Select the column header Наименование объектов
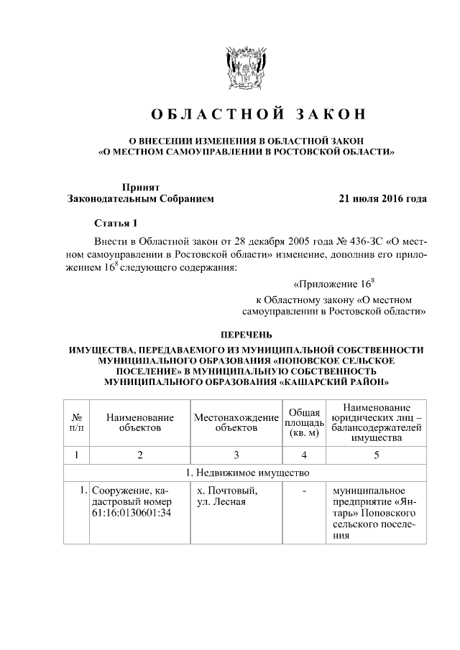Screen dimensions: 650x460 point(140,422)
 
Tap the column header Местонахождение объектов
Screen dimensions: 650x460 point(236,422)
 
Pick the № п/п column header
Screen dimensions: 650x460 point(77,422)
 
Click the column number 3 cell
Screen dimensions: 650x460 point(236,455)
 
